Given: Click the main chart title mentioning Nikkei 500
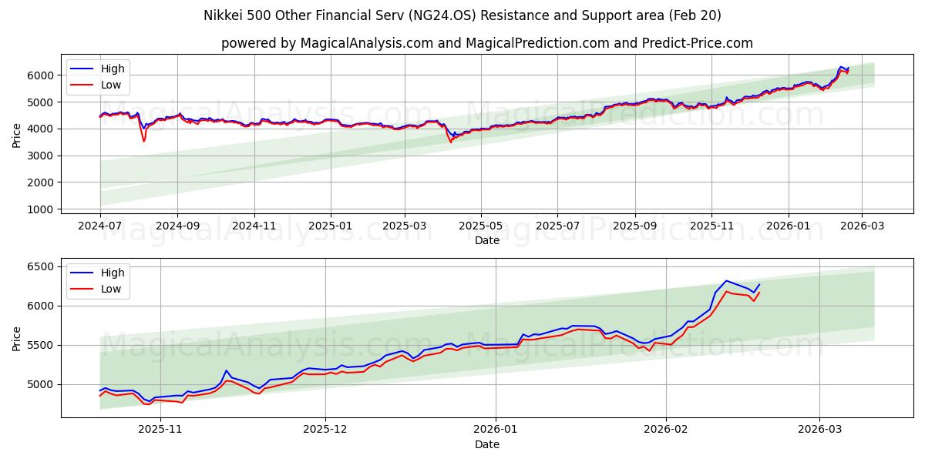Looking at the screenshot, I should [462, 15].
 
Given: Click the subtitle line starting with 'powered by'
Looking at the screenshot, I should [486, 43].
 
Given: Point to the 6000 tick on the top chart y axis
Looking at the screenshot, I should [40, 75].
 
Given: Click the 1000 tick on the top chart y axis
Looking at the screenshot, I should [40, 209].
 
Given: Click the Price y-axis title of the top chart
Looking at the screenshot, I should [17, 135].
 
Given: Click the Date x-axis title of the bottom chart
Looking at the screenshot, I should [486, 444].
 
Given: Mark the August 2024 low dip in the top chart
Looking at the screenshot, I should [143, 141].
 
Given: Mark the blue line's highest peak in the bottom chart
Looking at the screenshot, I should [726, 280].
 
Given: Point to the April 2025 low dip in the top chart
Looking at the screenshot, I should [451, 142].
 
